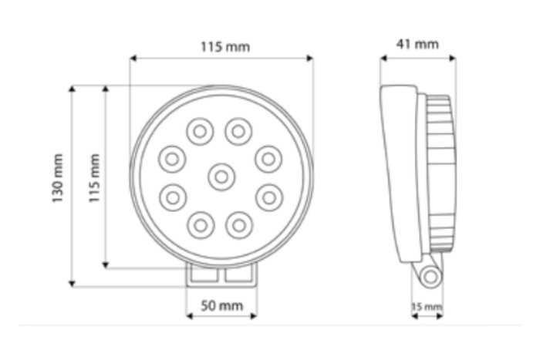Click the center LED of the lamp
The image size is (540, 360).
click(221, 177)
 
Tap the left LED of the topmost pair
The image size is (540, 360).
click(201, 131)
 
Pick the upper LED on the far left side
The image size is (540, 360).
click(172, 159)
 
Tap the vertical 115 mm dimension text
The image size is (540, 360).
click(94, 178)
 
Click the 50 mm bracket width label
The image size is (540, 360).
click(221, 306)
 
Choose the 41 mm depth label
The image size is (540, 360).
click(417, 44)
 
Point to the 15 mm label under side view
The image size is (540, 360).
click(427, 307)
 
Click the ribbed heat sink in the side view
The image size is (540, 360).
click(440, 173)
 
